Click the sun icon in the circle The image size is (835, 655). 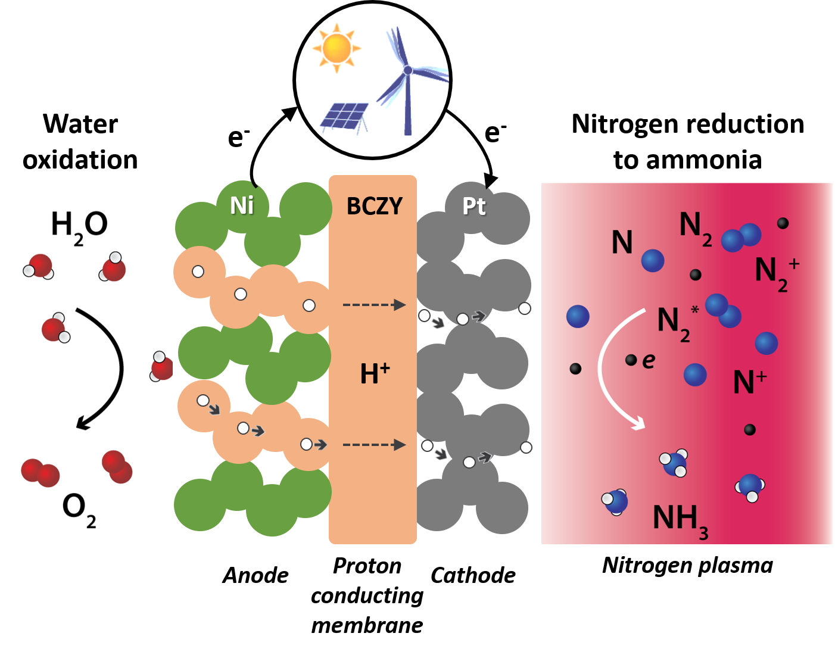pyautogui.click(x=337, y=47)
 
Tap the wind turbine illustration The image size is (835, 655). pyautogui.click(x=407, y=77)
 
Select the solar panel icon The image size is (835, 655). pyautogui.click(x=345, y=116)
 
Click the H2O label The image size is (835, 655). pyautogui.click(x=79, y=226)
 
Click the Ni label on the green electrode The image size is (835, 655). pyautogui.click(x=242, y=205)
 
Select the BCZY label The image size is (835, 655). pyautogui.click(x=374, y=206)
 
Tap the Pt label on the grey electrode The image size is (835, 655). pyautogui.click(x=473, y=206)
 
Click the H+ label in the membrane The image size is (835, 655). pyautogui.click(x=375, y=373)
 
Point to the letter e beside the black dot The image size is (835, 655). pyautogui.click(x=649, y=360)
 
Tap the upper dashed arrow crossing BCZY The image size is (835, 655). pyautogui.click(x=374, y=305)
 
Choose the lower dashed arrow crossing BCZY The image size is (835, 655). pyautogui.click(x=374, y=445)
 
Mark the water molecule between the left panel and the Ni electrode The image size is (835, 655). pyautogui.click(x=161, y=366)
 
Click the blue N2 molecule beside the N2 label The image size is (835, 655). pyautogui.click(x=741, y=237)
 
